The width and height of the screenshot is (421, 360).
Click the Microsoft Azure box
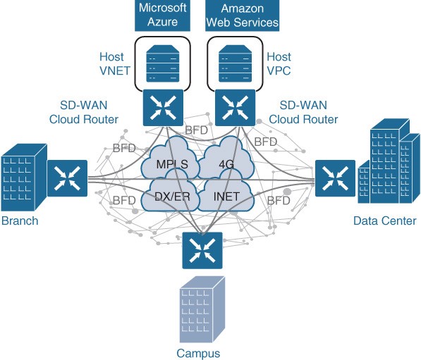[162, 15]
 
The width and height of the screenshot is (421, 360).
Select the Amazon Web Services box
[242, 15]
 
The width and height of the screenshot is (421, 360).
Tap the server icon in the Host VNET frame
[162, 63]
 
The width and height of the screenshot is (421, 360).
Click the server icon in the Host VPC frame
[235, 63]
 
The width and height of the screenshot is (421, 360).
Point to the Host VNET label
[115, 64]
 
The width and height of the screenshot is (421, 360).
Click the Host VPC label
[279, 64]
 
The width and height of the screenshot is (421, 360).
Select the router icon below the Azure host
[163, 108]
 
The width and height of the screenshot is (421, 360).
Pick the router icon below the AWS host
[236, 108]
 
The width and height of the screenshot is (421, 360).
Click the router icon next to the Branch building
[68, 178]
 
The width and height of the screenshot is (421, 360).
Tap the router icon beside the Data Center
[335, 178]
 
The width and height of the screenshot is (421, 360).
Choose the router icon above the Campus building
[202, 251]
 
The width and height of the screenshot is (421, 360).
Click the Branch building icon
[24, 178]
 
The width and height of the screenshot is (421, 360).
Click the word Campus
[198, 353]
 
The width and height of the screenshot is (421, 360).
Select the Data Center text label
[384, 221]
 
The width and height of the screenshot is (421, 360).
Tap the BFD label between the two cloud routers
[197, 130]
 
